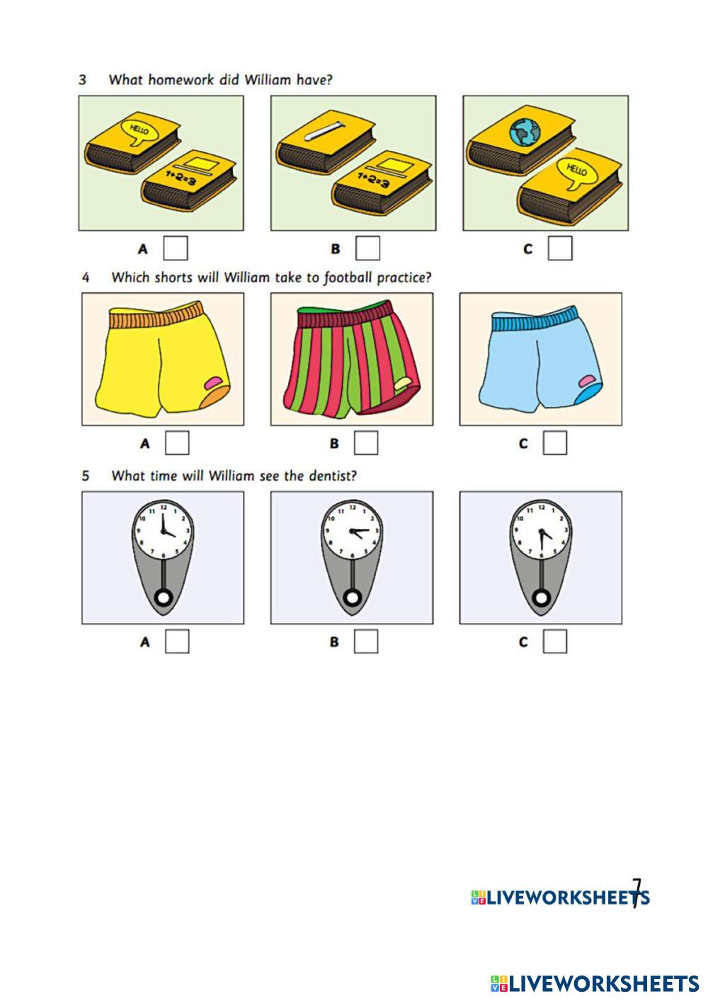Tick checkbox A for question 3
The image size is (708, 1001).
click(x=176, y=248)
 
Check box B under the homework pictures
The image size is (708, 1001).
click(x=367, y=248)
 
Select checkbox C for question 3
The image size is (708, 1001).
click(x=559, y=248)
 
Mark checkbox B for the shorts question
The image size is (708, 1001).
click(x=365, y=443)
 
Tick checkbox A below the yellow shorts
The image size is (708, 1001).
click(x=177, y=443)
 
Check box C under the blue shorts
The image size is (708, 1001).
click(x=555, y=443)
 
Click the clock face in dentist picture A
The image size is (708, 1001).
click(x=163, y=530)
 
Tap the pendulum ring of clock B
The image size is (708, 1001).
click(x=352, y=599)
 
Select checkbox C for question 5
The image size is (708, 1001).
click(x=555, y=641)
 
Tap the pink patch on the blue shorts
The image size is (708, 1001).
click(x=588, y=382)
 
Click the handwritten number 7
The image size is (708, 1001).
click(x=636, y=892)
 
